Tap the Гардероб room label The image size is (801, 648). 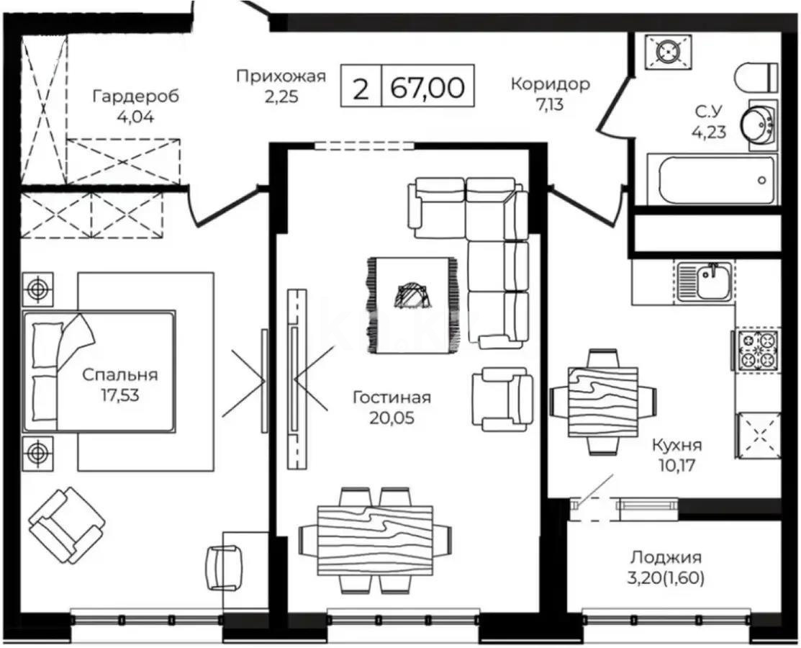pos(135,96)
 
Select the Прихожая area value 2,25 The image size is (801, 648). pos(281,96)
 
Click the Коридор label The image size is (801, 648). pos(550,84)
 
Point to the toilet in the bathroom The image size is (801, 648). pos(758,76)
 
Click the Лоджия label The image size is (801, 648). pos(666,557)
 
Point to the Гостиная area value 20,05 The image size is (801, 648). pos(392,417)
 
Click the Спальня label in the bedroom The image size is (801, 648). pos(119,374)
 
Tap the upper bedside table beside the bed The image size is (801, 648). pos(37,289)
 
